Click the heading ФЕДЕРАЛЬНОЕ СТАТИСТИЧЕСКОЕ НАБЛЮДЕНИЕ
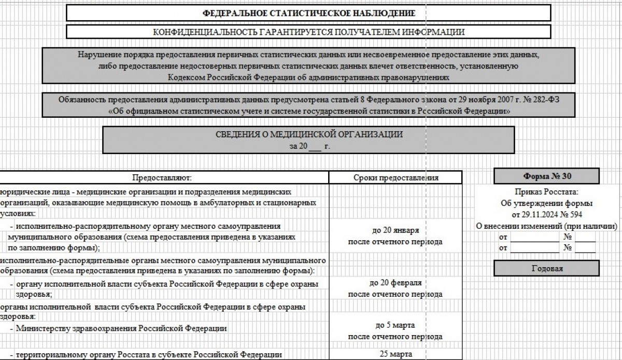click(x=308, y=13)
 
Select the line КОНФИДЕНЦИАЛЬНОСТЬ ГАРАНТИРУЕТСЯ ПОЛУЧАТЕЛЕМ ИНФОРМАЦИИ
click(x=308, y=32)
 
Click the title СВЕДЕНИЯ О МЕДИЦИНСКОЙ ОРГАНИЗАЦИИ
click(x=309, y=134)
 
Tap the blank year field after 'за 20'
click(x=315, y=147)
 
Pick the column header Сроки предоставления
click(x=395, y=177)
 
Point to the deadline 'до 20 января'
click(x=395, y=230)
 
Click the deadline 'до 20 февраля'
click(x=395, y=283)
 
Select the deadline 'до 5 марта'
click(x=395, y=325)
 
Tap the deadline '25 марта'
click(x=395, y=354)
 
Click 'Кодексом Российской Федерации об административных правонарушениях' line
click(x=308, y=77)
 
